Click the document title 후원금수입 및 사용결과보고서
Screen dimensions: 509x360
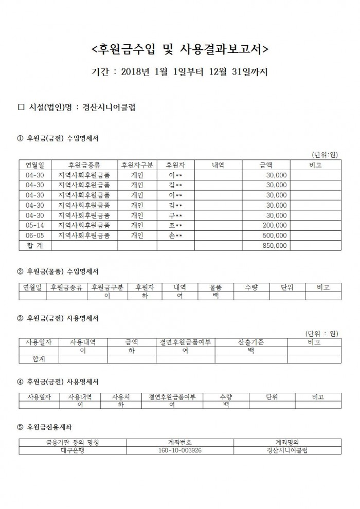click(179, 49)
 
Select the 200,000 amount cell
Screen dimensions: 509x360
click(275, 225)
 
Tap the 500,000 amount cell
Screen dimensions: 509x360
click(275, 235)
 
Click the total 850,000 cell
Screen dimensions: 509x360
click(275, 246)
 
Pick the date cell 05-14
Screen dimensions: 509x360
click(35, 225)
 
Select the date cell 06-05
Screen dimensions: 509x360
click(35, 235)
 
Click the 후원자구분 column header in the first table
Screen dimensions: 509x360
click(137, 165)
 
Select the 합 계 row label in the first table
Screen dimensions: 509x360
click(35, 246)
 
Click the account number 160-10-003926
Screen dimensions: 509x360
click(180, 450)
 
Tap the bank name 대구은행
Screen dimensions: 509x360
click(73, 450)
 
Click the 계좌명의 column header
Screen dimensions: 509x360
click(287, 442)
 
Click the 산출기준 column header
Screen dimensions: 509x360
click(251, 342)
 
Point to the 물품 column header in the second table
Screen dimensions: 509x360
click(215, 287)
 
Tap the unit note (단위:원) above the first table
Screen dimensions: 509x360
click(325, 154)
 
